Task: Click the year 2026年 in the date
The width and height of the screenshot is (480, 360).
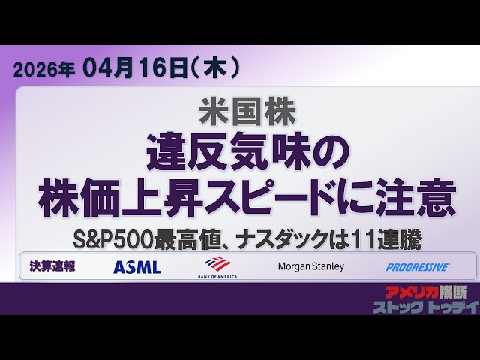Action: [x=44, y=70]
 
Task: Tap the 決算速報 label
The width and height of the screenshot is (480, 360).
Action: [x=52, y=266]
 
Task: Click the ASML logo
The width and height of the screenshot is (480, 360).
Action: [x=137, y=267]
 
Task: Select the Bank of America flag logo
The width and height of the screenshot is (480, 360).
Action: [x=217, y=262]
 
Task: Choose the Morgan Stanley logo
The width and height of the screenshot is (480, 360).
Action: [x=310, y=266]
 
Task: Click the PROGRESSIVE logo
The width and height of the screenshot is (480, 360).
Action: [x=417, y=267]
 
